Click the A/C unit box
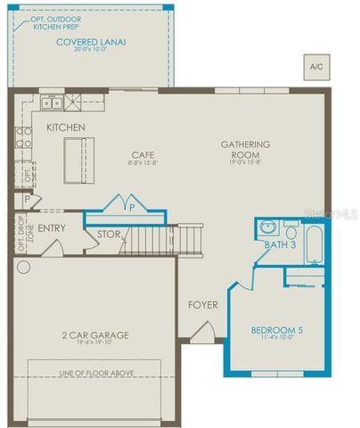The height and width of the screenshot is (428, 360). (316, 67)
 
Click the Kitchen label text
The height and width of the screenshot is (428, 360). (67, 128)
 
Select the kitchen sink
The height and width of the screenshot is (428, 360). (52, 102)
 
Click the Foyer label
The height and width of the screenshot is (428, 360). (202, 305)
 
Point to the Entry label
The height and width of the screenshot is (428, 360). (52, 228)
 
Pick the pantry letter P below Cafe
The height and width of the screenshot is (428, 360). (132, 206)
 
